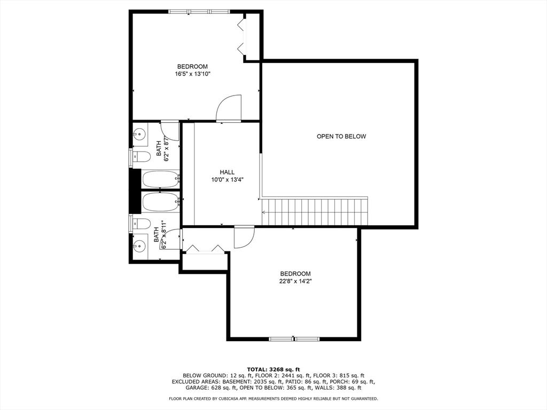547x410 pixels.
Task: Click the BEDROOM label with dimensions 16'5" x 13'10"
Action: click(192, 66)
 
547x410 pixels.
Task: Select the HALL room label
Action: click(227, 172)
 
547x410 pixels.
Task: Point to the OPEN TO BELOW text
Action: click(341, 137)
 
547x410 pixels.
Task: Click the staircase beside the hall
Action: click(315, 212)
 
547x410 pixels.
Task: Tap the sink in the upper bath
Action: click(140, 133)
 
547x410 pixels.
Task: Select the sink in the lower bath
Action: click(140, 246)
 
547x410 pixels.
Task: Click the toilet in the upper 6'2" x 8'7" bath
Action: click(140, 157)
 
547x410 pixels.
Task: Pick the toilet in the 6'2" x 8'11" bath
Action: click(140, 223)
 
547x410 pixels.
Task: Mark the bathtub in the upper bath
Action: click(160, 179)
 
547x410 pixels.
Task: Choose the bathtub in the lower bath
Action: click(160, 202)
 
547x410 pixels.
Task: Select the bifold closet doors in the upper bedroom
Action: click(242, 36)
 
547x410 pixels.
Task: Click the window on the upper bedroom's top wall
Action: click(199, 11)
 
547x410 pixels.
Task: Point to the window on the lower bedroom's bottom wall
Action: click(294, 338)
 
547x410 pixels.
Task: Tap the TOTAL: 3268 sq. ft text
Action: click(273, 369)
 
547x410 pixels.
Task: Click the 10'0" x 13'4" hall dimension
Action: click(227, 180)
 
